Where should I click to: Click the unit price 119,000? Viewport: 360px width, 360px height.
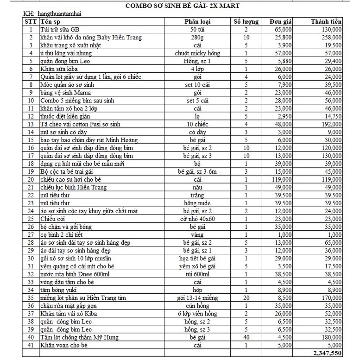tap(282, 179)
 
